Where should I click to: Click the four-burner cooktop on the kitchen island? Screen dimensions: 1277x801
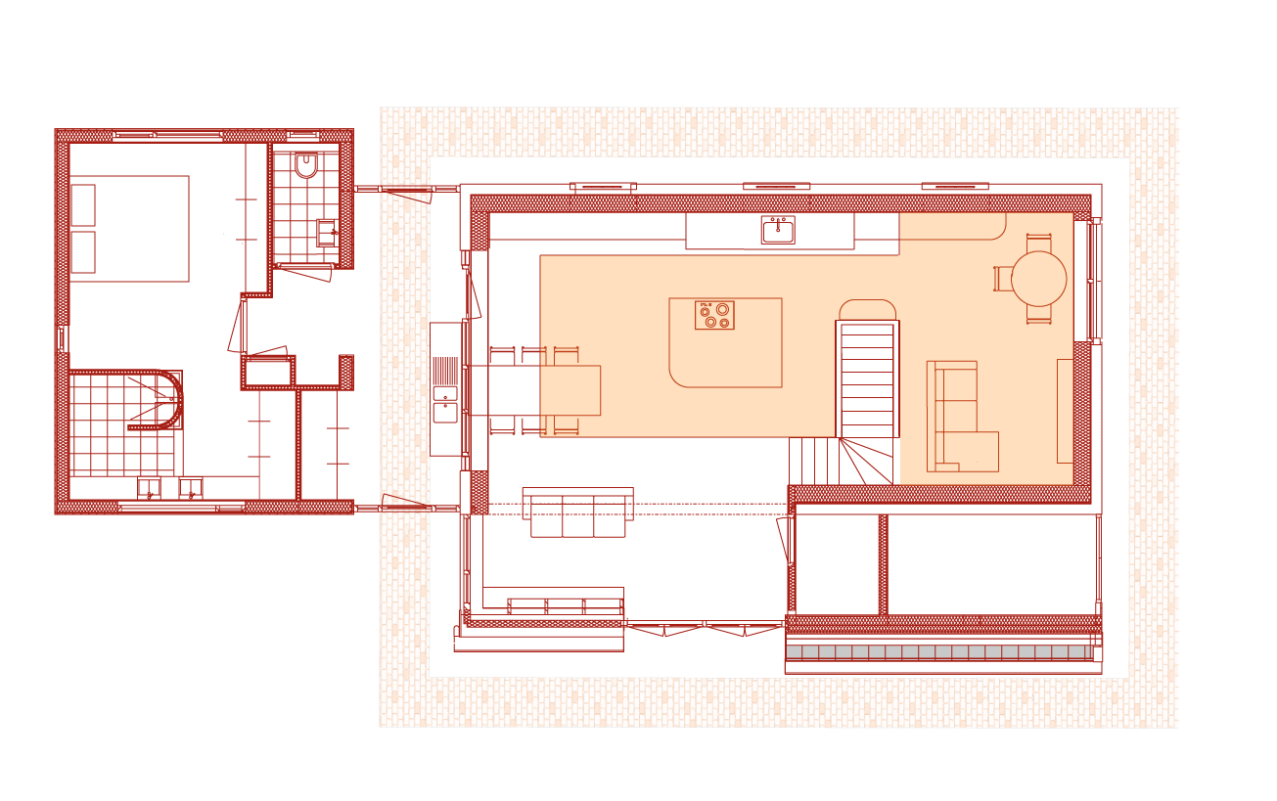coord(714,315)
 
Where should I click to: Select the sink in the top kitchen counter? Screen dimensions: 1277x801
coord(778,230)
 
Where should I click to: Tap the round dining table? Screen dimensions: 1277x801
coord(1038,279)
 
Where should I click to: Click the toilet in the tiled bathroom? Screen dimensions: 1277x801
coord(306,166)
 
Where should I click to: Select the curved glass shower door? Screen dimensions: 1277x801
coord(172,399)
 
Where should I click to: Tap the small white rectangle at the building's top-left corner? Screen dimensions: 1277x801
coord(468,174)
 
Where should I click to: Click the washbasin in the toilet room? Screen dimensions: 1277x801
coord(326,233)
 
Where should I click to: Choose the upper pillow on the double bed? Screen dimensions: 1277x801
coord(83,205)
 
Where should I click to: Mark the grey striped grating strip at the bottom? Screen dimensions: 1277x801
coord(938,651)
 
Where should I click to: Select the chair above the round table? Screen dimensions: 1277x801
coord(1038,242)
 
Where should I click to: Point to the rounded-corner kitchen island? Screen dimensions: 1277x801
coord(725,342)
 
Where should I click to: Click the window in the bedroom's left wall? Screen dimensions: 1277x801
coord(63,338)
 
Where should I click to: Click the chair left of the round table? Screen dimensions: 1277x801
coord(1003,279)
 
